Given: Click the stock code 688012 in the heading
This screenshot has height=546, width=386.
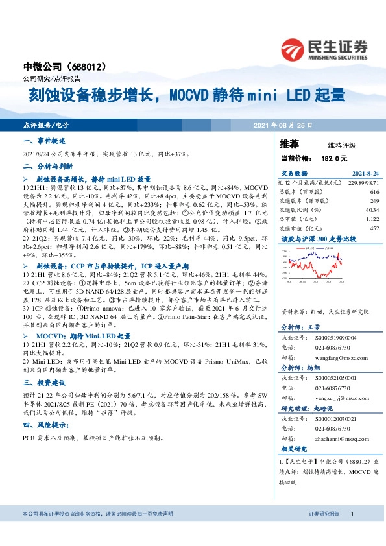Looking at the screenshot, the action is [x=95, y=67].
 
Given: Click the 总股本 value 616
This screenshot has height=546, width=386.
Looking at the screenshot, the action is [x=374, y=193].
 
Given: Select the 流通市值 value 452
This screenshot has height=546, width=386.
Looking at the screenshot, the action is [x=374, y=228].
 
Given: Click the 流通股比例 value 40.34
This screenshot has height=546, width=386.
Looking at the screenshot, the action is [x=372, y=210].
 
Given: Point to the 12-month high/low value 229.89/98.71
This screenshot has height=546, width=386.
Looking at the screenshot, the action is [x=363, y=184].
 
